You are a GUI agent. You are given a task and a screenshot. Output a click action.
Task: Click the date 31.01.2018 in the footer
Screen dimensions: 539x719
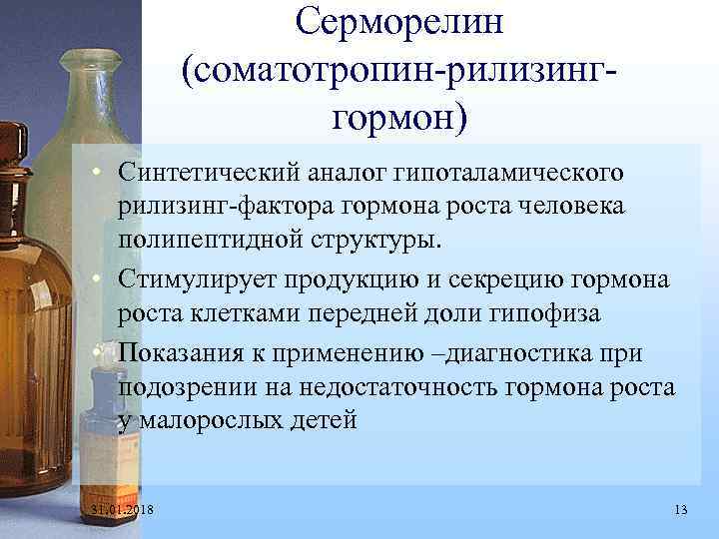pyautogui.click(x=128, y=511)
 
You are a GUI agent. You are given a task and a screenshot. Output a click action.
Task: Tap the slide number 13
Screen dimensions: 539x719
pyautogui.click(x=681, y=511)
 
